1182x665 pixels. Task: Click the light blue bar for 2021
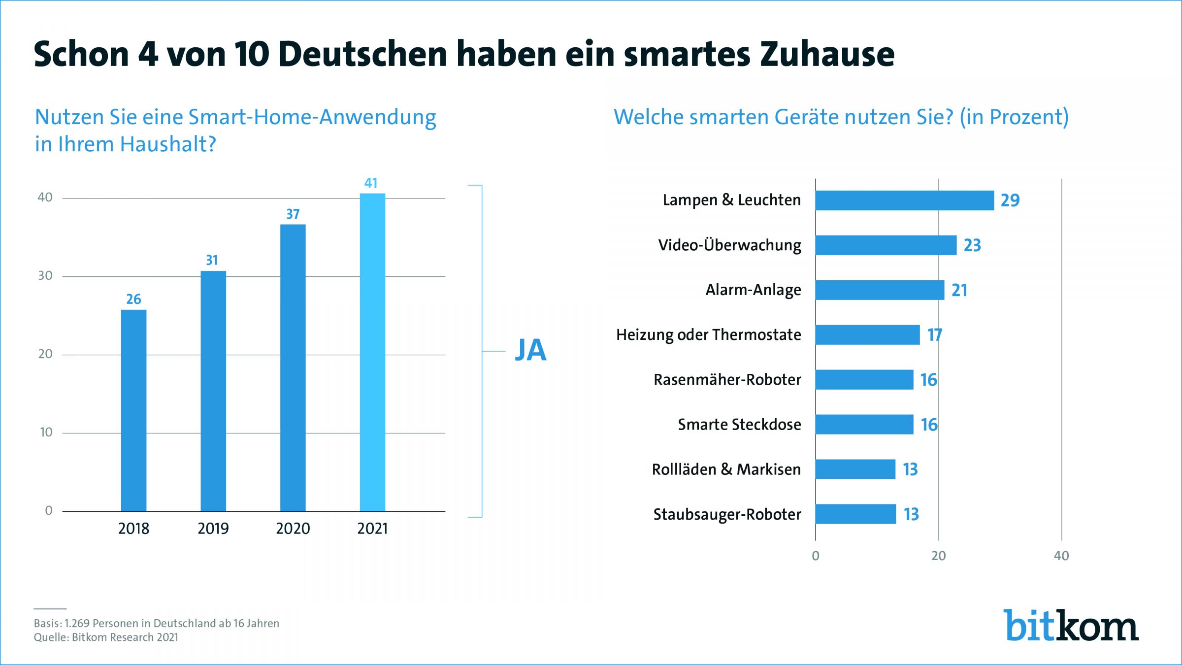[372, 352]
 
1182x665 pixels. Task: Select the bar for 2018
[133, 410]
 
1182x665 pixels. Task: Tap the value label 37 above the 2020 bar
[293, 214]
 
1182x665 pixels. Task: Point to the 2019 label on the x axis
[213, 529]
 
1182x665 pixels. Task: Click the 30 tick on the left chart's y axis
[45, 276]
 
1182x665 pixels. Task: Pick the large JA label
[530, 350]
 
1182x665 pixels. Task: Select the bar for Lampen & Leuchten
[905, 200]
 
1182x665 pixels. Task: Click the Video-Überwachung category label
[730, 245]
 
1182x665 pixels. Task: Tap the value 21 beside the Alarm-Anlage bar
[959, 290]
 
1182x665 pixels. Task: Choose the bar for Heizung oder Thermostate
[868, 335]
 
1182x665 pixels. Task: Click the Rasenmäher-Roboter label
[727, 379]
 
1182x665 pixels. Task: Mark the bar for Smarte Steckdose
[864, 425]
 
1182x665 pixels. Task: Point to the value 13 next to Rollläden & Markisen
[911, 469]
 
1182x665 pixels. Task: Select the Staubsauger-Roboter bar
[855, 514]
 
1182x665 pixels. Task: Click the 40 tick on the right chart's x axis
[1061, 556]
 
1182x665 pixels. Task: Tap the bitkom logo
[1072, 625]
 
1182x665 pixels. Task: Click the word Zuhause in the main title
[827, 54]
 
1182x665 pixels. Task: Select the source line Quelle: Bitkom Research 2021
[106, 637]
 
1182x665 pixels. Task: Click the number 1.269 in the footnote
[77, 623]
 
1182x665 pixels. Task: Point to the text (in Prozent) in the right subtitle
[1014, 117]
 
